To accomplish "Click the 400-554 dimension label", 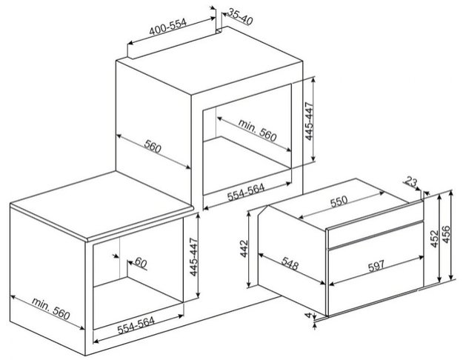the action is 167,27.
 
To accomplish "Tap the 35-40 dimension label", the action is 241,16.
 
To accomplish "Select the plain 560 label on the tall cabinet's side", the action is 153,147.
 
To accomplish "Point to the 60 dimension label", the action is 141,262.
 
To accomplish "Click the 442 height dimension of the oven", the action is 244,249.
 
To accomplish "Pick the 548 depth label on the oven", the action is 290,264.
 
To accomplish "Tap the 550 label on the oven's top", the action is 339,201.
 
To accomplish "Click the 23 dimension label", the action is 412,181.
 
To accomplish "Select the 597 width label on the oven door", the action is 376,265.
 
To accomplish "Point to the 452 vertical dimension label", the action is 434,239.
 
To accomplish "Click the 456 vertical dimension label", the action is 446,235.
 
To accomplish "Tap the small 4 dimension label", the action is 308,315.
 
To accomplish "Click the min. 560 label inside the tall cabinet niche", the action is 257,130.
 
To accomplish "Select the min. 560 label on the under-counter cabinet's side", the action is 51,309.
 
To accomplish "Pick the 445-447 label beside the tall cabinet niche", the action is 309,121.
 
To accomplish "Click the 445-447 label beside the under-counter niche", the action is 193,257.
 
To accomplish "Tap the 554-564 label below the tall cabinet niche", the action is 246,193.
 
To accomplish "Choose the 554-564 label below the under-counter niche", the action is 136,326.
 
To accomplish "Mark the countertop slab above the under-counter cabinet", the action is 102,206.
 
